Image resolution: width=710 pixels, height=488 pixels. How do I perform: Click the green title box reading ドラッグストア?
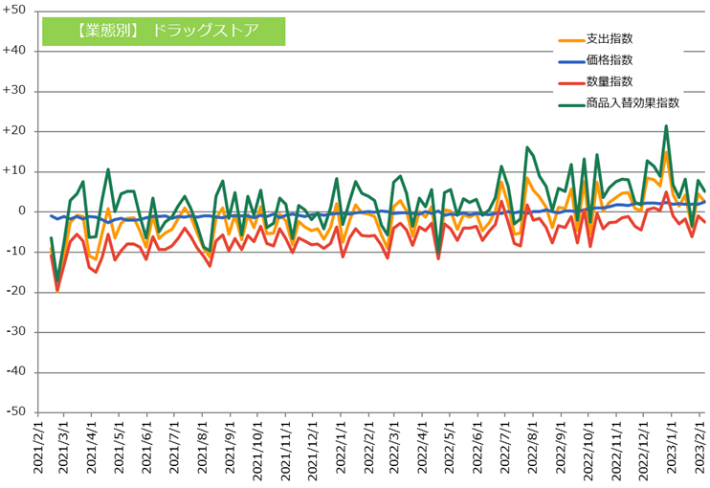coord(164,30)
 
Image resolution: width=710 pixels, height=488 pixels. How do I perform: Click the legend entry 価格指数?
coord(609,60)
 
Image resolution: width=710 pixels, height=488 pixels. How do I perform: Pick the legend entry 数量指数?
coord(609,81)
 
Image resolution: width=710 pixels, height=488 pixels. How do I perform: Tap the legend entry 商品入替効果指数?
coord(632,102)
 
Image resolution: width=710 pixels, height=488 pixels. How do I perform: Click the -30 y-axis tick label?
coord(16,332)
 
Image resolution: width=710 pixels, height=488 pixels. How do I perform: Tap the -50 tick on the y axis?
coord(16,412)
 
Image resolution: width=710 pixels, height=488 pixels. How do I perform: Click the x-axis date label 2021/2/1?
coord(38,448)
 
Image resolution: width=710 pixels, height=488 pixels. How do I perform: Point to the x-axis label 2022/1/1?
coord(342,448)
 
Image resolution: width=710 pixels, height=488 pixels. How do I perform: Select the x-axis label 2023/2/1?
coord(699,448)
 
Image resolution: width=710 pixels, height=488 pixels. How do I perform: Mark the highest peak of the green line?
coord(666,126)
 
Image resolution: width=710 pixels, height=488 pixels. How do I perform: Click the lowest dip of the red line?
coord(57,290)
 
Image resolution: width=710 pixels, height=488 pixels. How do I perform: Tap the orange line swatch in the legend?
coord(570,40)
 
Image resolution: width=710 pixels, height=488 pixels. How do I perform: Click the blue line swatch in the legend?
coord(570,61)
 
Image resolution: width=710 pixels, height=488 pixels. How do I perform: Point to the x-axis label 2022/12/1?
coord(644,448)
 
